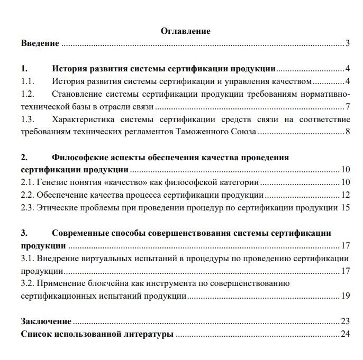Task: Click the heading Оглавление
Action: (x=185, y=31)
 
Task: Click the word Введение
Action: (x=40, y=43)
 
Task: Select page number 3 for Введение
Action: (x=348, y=43)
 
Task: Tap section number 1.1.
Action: (x=28, y=81)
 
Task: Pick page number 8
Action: (x=348, y=131)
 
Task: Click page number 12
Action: (x=346, y=195)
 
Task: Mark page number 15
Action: (x=346, y=207)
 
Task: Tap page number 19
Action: (x=346, y=296)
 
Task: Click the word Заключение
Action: (x=46, y=321)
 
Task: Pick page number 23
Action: (x=346, y=321)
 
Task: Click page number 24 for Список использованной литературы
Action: (x=346, y=334)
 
